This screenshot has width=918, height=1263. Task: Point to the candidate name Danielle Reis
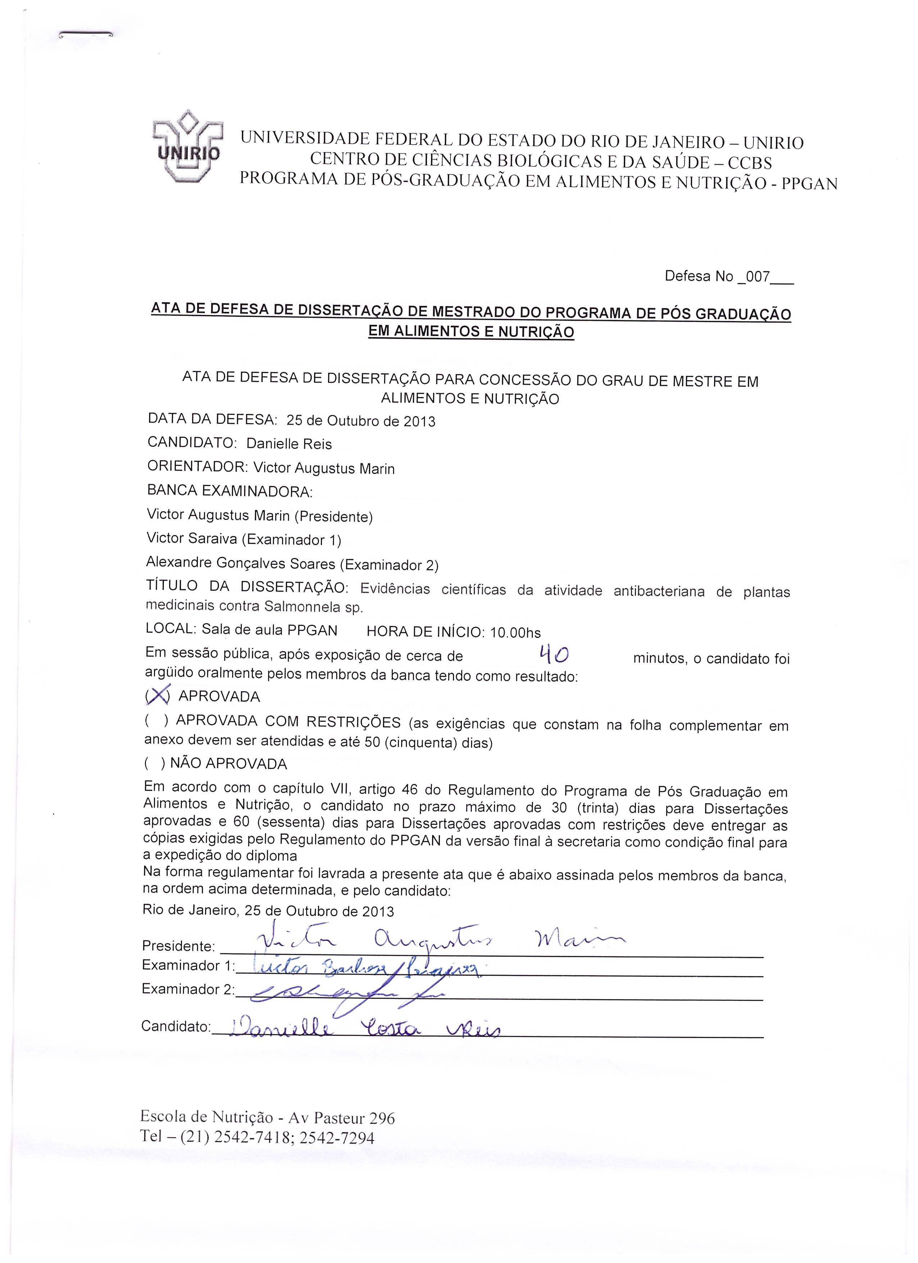pyautogui.click(x=288, y=444)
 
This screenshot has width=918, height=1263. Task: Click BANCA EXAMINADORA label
pyautogui.click(x=229, y=491)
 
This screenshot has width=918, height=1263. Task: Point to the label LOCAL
pyautogui.click(x=170, y=629)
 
